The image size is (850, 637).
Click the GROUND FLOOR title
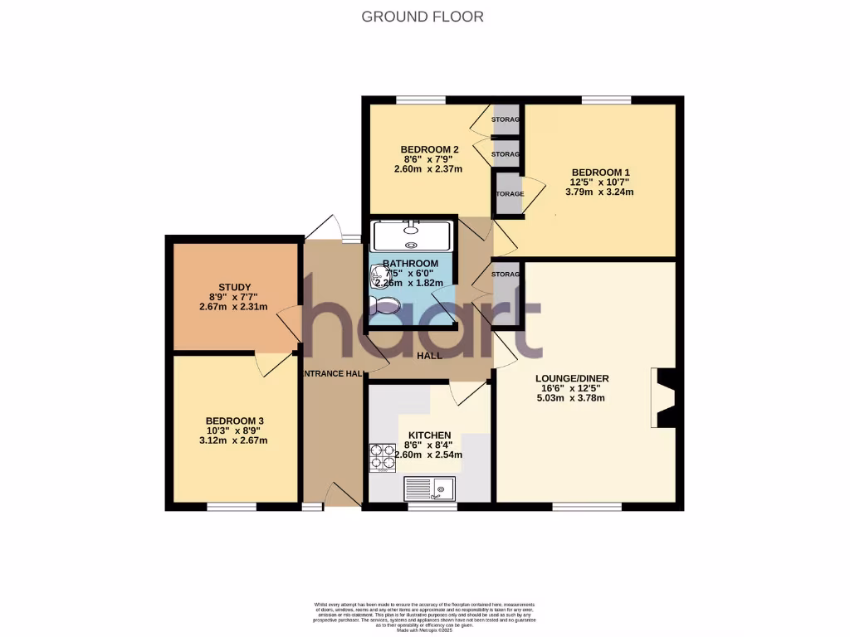(x=423, y=16)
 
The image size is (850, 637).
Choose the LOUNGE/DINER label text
(x=573, y=377)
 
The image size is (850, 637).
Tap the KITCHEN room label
(x=428, y=435)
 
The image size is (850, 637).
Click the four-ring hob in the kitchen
(x=383, y=459)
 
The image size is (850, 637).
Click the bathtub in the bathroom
(x=412, y=236)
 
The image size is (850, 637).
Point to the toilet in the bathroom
(x=387, y=306)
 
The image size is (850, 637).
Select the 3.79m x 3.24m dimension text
(x=599, y=192)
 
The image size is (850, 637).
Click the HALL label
(x=429, y=355)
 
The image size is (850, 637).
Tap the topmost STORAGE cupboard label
(x=506, y=120)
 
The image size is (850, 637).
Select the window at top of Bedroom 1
(x=606, y=100)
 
